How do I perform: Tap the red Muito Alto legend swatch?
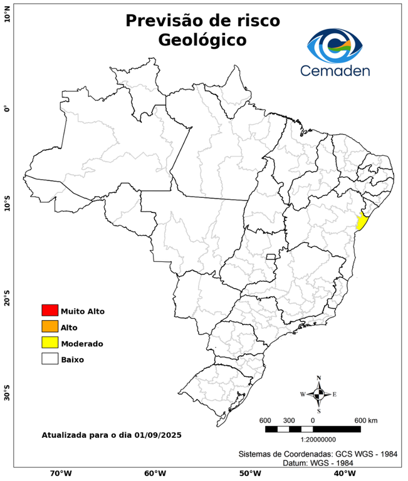(x=50, y=310)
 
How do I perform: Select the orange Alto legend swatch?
(x=50, y=326)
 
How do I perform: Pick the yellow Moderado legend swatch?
(x=50, y=343)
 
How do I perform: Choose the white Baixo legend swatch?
(x=50, y=359)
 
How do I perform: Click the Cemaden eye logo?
(x=335, y=45)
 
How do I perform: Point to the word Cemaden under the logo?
(x=335, y=71)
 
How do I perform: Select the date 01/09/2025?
(x=157, y=435)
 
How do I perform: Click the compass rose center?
(x=319, y=394)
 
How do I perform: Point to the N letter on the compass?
(x=319, y=378)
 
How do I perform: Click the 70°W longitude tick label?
(x=60, y=473)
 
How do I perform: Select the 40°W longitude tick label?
(x=343, y=473)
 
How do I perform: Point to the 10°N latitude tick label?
(x=7, y=16)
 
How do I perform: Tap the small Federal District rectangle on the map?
(x=271, y=257)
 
